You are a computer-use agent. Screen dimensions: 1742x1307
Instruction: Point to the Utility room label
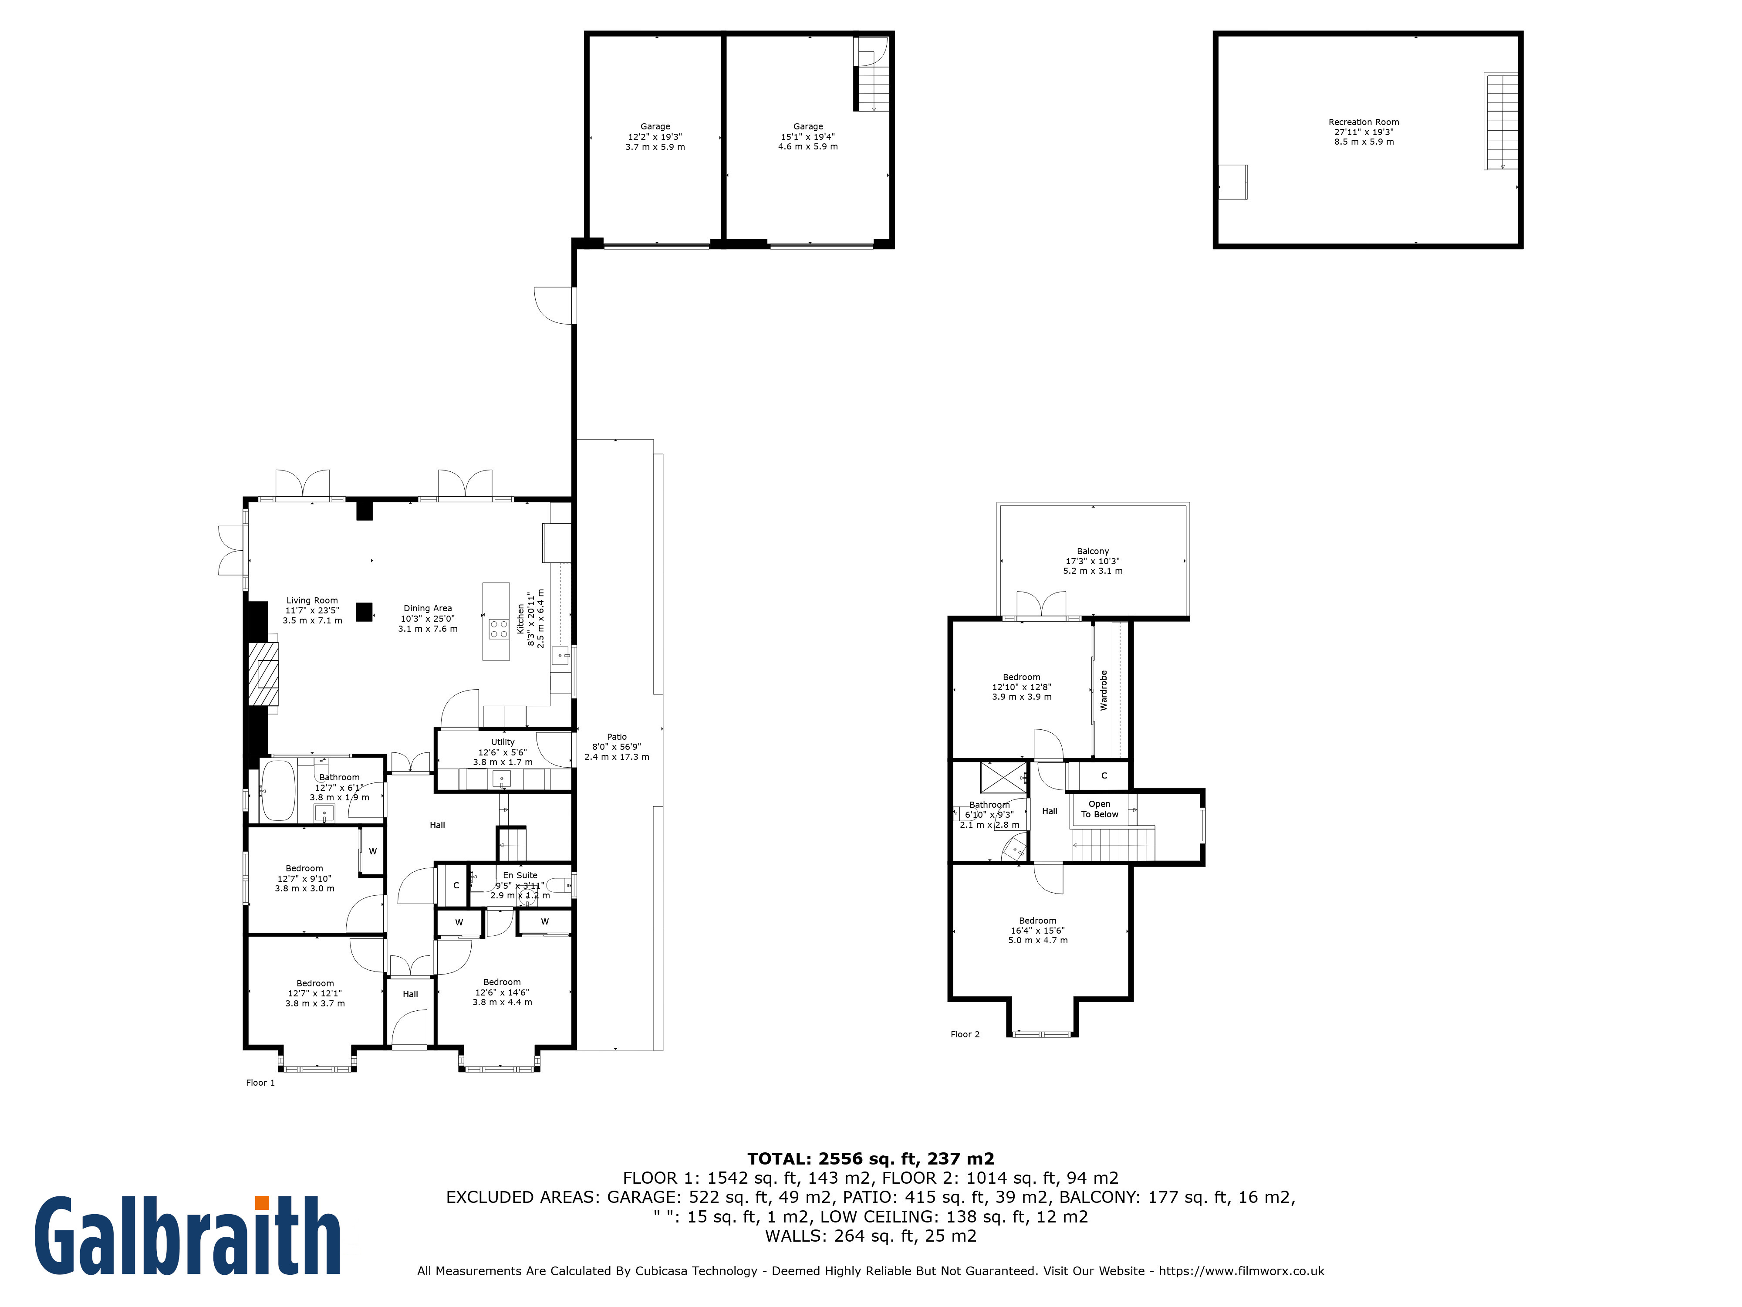tap(503, 742)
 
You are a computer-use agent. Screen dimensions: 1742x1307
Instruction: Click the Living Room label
tap(312, 600)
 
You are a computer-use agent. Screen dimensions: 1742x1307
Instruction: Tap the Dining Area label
tap(428, 608)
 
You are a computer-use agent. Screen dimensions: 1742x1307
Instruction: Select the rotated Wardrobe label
tap(1103, 690)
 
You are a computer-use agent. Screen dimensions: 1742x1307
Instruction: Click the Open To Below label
tap(1099, 809)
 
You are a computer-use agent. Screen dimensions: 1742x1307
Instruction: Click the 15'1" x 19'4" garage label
tap(808, 136)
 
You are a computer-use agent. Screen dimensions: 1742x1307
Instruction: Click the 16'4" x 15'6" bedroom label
tap(1038, 931)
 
